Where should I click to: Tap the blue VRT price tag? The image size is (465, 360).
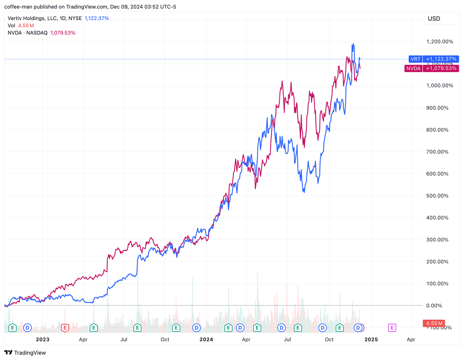click(433, 59)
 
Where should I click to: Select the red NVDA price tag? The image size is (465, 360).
click(431, 69)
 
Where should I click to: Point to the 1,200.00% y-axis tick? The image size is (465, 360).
click(439, 42)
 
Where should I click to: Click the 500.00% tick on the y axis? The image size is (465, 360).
click(437, 196)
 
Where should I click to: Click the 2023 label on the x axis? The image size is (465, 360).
click(43, 339)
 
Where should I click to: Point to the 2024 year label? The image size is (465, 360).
click(206, 339)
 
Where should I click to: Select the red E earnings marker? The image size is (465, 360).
click(65, 328)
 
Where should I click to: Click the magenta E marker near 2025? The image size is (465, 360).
click(392, 328)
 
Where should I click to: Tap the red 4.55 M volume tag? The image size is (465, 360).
click(434, 323)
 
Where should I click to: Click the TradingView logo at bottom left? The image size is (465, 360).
click(25, 353)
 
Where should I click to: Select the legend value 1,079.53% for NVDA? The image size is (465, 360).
click(63, 33)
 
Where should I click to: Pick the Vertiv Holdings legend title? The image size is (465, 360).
click(45, 18)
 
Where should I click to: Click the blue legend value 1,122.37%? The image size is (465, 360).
click(97, 18)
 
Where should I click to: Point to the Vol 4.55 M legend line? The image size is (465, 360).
click(21, 26)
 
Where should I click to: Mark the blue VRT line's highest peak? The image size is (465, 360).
click(353, 44)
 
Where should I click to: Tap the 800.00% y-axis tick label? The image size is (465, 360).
click(437, 130)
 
